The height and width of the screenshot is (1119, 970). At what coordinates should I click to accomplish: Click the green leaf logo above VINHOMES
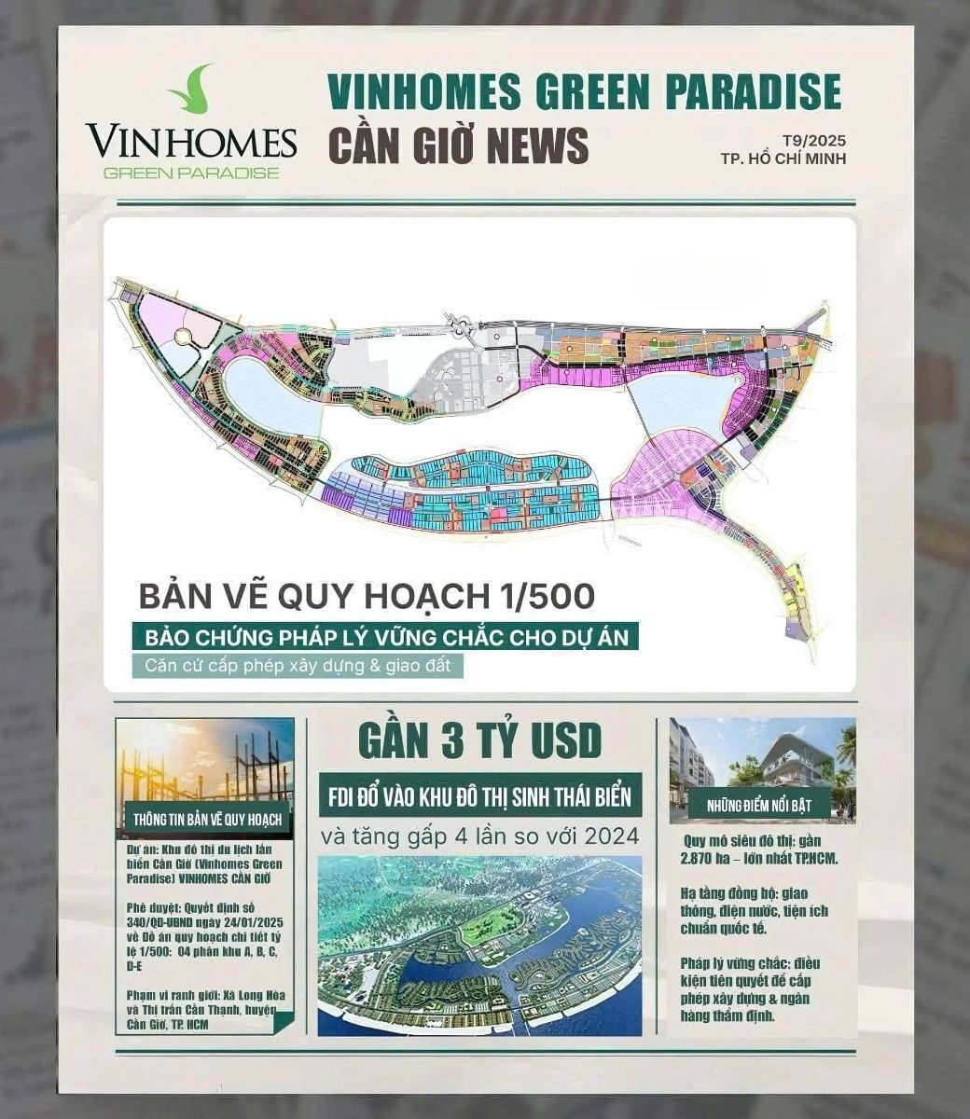point(192,90)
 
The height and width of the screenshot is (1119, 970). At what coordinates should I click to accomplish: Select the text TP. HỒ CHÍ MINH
point(783,159)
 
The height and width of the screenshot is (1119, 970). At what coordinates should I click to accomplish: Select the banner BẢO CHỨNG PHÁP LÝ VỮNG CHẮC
point(385,638)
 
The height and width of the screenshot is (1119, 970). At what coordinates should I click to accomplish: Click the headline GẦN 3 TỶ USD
point(479,742)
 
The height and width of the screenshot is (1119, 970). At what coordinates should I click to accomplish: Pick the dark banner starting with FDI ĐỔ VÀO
point(479,797)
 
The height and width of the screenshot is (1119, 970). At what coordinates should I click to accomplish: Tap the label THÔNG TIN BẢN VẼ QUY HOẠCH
point(206,820)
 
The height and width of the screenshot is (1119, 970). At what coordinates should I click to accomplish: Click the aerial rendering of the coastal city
point(479,946)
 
